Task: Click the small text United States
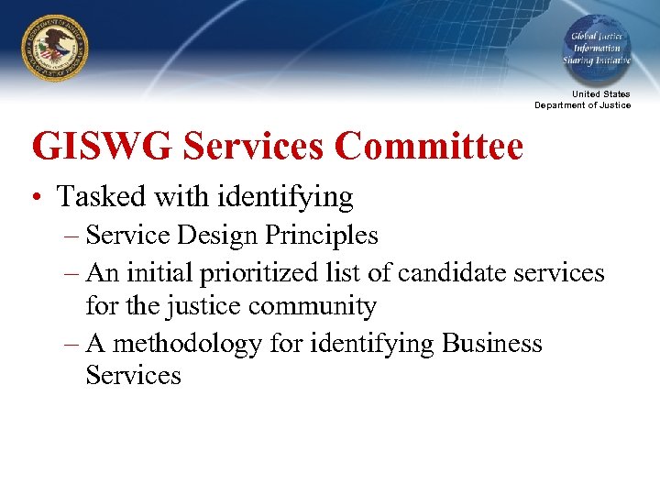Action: [601, 94]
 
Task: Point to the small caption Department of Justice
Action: [583, 105]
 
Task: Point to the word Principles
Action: [320, 236]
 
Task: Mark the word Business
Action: [492, 343]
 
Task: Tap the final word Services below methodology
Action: [134, 375]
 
